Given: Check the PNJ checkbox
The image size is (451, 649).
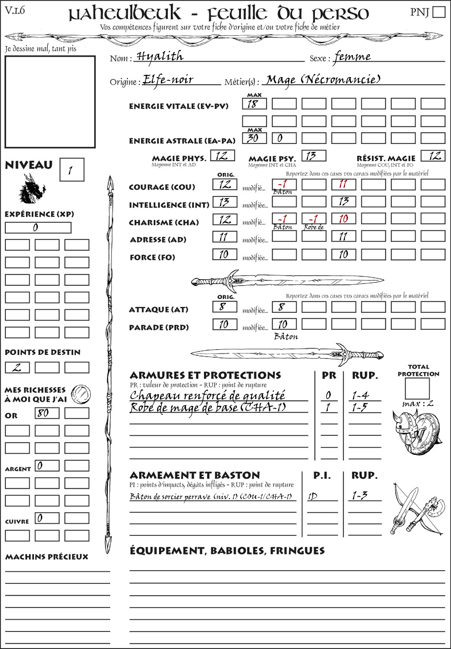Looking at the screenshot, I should coord(439,12).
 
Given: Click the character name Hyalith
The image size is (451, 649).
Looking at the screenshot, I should coord(160,56).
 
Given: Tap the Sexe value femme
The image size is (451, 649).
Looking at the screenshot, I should coord(352,57).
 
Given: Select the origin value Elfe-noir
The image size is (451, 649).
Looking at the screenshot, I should coord(168,80).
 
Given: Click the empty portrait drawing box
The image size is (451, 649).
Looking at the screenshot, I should coord(50,102).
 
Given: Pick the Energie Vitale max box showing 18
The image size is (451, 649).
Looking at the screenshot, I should coord(254,104).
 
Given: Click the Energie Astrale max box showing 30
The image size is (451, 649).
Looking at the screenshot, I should coord(254,138).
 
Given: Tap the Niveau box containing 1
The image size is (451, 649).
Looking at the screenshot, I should coord(71,170).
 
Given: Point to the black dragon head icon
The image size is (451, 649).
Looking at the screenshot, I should coord(32,189).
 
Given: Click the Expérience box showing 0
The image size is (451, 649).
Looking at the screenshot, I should coord(38,228).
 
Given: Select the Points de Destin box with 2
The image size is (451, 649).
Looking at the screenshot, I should coord(17,368).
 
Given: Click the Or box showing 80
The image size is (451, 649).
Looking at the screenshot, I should coord(47,413).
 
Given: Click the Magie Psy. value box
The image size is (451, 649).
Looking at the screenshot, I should coord(314,156).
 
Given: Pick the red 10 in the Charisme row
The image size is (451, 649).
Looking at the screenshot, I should coord(344,219).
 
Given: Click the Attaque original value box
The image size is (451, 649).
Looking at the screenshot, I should coord(224,307).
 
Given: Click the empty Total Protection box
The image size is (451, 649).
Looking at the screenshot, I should coord(417,388).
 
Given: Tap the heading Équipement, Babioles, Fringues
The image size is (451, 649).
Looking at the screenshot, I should coord(227,551).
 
